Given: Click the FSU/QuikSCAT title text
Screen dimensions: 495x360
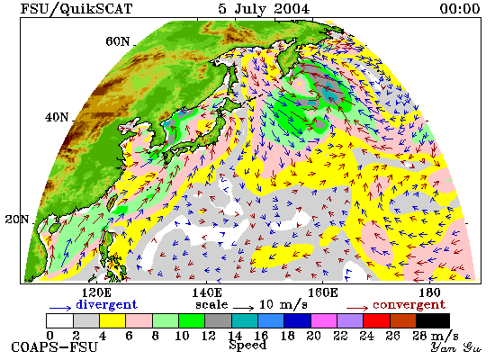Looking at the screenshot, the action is [x=76, y=8].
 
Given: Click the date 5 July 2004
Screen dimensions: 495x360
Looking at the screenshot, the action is [x=264, y=9].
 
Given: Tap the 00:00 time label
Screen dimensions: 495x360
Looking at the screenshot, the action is [x=460, y=8].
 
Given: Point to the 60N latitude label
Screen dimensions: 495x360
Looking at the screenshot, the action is [x=118, y=41].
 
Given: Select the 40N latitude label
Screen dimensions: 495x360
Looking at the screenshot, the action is [x=57, y=117].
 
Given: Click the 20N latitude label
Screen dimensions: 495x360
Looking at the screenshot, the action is [x=17, y=219].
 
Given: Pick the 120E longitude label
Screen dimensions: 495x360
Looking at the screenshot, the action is [x=96, y=292].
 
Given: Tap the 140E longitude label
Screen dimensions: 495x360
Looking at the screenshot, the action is [x=207, y=292].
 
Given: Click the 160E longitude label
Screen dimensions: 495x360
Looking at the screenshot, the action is [x=322, y=292].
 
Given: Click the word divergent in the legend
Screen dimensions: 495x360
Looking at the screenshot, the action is [x=107, y=305].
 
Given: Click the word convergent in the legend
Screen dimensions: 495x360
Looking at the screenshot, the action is [x=409, y=305].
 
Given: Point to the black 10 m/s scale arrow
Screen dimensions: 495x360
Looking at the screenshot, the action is [x=244, y=308].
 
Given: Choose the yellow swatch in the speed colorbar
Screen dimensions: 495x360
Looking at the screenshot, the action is [x=112, y=320].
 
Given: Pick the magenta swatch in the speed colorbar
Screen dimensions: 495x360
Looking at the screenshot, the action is [x=324, y=320].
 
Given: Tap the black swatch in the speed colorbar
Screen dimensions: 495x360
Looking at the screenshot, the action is [x=433, y=320].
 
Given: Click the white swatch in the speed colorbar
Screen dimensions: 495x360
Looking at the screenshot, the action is [x=59, y=320].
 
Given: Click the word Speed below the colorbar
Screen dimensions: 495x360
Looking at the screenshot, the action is [x=247, y=346].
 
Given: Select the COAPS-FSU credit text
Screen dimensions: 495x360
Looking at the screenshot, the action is [x=54, y=347].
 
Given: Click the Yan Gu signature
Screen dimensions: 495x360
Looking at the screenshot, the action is [x=456, y=347].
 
